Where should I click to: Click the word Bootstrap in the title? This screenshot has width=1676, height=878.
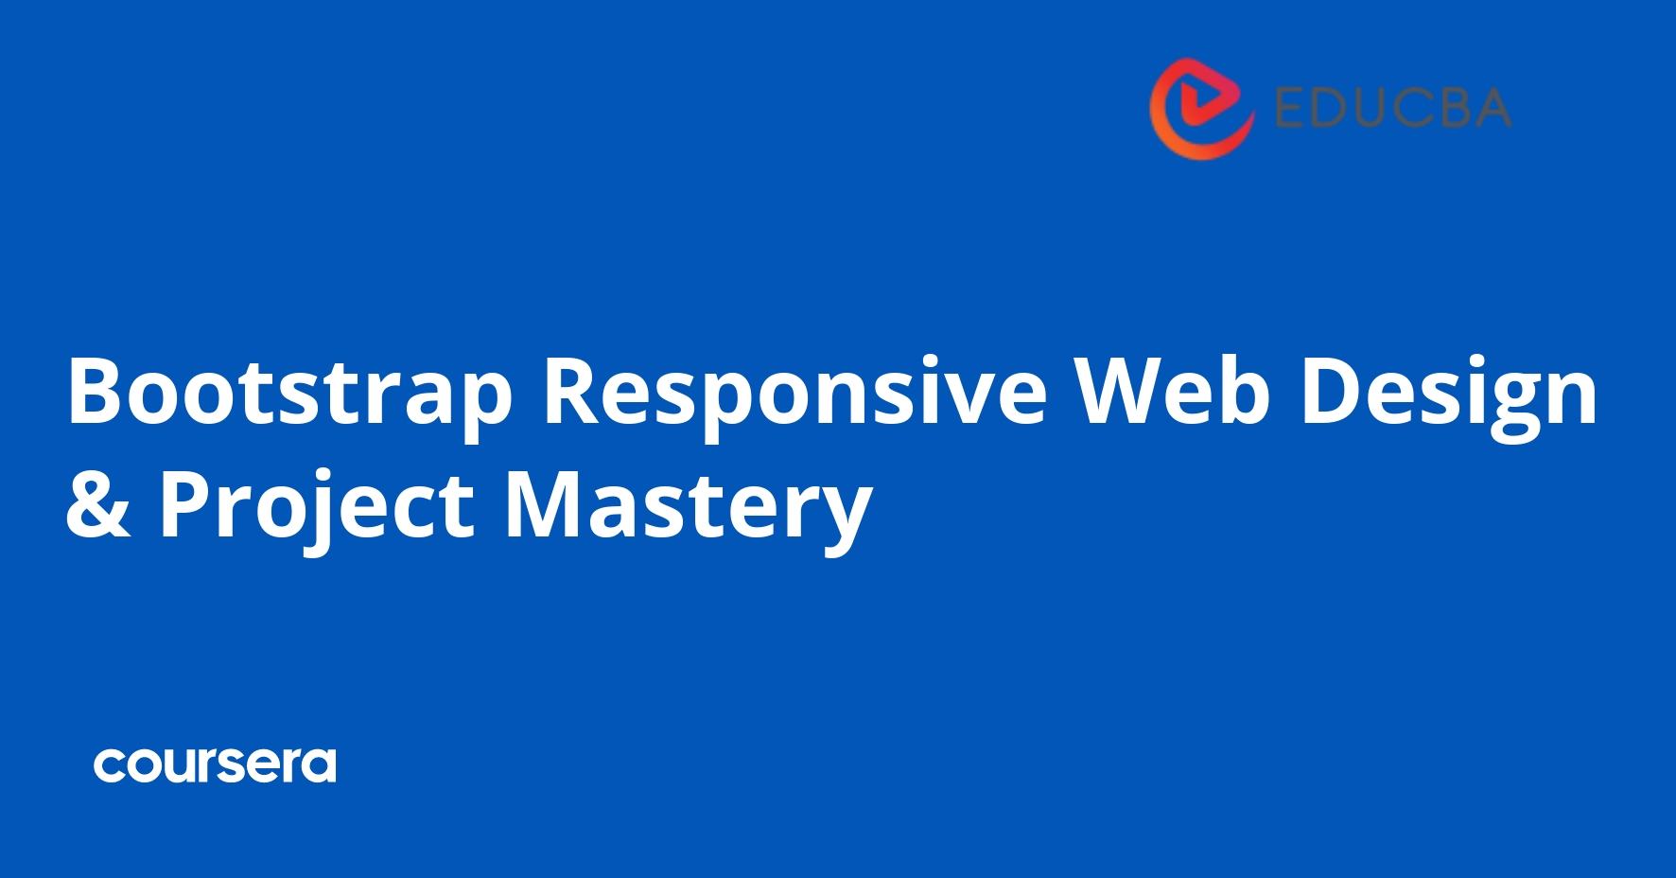pyautogui.click(x=289, y=391)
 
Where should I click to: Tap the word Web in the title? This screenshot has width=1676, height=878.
pyautogui.click(x=1172, y=391)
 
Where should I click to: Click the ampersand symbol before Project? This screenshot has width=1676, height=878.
pyautogui.click(x=97, y=504)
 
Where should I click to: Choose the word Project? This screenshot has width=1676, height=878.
pyautogui.click(x=316, y=504)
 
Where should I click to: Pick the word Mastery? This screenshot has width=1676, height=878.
pyautogui.click(x=688, y=504)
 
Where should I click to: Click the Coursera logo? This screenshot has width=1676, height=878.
pyautogui.click(x=215, y=764)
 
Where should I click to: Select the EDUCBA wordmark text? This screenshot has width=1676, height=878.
pyautogui.click(x=1392, y=108)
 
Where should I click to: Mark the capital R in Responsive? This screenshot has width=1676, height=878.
pyautogui.click(x=575, y=391)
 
